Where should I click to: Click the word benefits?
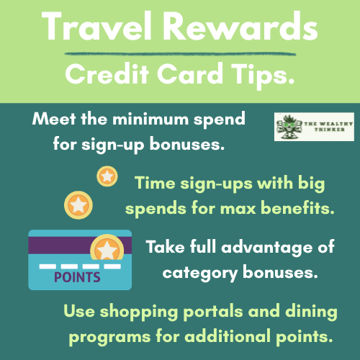pos(301,208)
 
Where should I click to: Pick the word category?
pos(196,272)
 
